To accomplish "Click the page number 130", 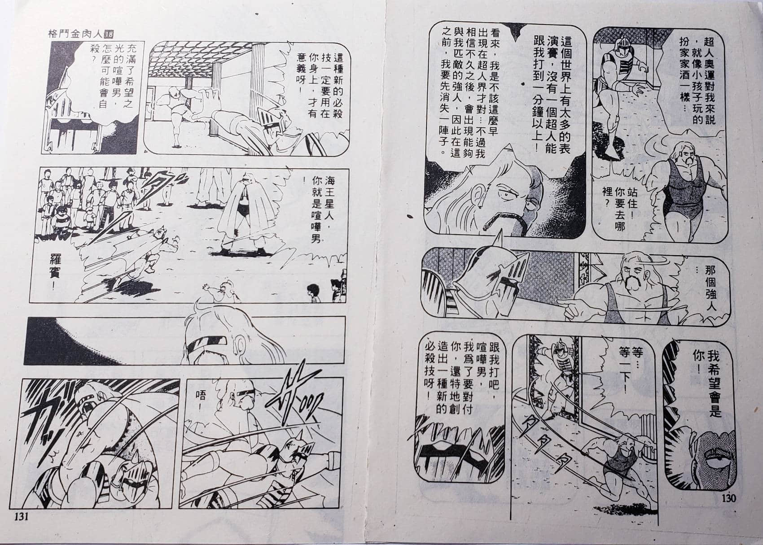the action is [728, 498].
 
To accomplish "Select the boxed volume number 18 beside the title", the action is [109, 35].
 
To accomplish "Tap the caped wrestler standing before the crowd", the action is [242, 213].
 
